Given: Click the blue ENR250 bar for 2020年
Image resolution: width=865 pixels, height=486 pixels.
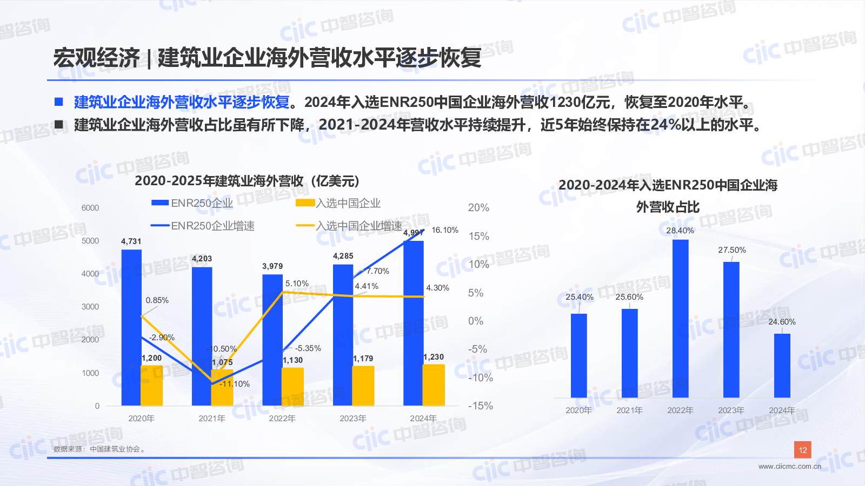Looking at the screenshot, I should [131, 324].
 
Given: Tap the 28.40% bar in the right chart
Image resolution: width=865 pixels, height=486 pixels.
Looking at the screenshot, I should [680, 319].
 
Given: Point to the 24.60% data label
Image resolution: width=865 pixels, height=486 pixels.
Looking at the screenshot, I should [782, 322].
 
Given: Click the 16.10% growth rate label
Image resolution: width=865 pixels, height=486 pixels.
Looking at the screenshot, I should [445, 230].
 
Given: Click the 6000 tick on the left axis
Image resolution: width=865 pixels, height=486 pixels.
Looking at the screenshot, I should [90, 208].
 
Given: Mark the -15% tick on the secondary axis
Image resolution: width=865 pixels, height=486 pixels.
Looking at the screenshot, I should [480, 406].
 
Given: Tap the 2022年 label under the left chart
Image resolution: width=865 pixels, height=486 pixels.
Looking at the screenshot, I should [282, 418].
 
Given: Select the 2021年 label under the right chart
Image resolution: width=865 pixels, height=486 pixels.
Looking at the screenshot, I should [629, 410].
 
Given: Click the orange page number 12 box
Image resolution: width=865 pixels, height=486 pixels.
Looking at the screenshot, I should [803, 450].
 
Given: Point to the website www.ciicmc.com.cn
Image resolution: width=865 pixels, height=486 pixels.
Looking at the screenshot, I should [789, 467].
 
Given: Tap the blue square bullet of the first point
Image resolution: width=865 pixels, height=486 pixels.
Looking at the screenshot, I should [59, 102].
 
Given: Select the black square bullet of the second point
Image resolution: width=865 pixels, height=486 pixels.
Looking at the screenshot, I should [59, 125].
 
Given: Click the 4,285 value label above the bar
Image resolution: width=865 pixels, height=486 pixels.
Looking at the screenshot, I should [343, 256].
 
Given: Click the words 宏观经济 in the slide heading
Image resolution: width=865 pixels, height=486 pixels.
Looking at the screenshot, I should [96, 58].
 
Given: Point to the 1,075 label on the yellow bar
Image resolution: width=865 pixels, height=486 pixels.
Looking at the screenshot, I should [222, 362].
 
